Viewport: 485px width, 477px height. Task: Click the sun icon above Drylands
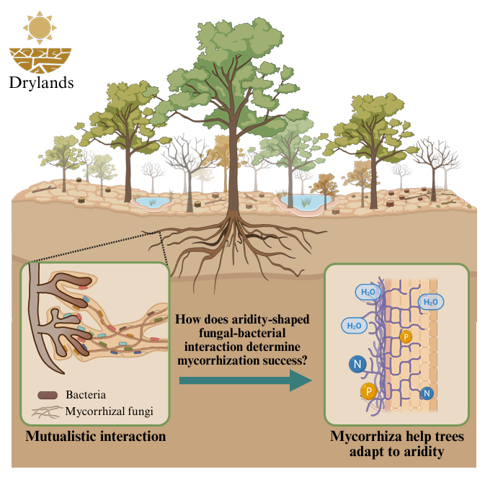(40, 27)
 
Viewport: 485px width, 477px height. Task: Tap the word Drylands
(40, 82)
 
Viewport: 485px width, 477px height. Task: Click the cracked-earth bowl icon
(40, 59)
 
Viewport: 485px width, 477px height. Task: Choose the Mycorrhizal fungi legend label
(109, 412)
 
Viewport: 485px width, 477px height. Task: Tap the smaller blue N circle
(427, 393)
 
